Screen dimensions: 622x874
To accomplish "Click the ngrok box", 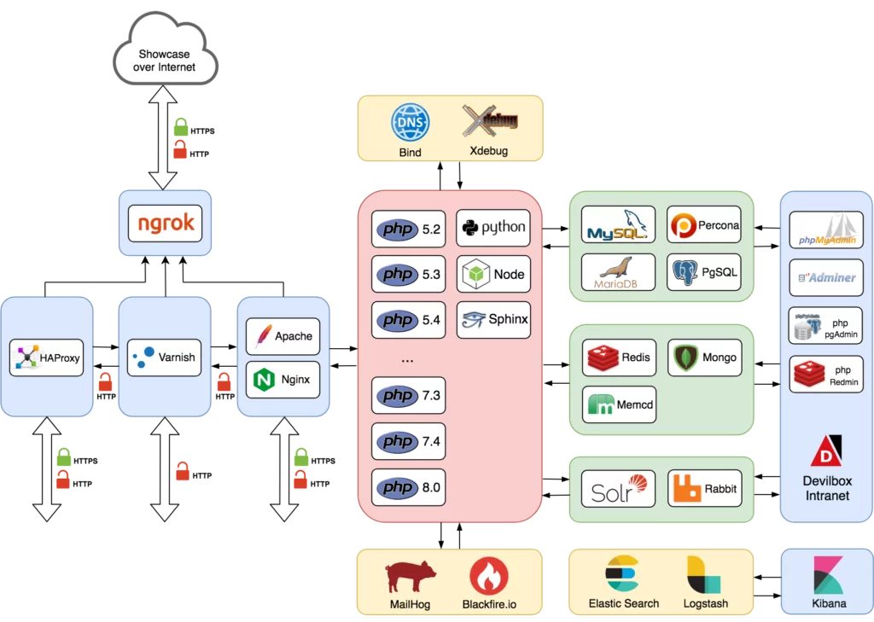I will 166,224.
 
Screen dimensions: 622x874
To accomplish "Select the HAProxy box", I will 47,358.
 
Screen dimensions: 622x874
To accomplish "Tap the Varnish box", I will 164,358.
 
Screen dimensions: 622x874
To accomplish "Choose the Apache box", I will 283,336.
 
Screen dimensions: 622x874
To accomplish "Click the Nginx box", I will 283,379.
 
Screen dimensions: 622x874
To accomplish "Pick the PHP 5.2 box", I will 408,230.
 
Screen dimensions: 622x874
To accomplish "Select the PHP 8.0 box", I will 408,487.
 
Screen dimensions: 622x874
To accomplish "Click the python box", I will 493,228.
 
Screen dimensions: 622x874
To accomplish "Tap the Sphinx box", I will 493,320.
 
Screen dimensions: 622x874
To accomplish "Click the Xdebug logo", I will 490,121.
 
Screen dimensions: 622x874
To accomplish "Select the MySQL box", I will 618,225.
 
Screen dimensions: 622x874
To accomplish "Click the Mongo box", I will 704,358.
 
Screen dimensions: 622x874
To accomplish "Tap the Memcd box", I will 618,405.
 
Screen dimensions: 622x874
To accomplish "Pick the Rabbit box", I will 704,489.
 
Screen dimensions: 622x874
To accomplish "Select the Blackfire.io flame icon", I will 489,576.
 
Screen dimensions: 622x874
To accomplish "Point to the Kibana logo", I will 828,575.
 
